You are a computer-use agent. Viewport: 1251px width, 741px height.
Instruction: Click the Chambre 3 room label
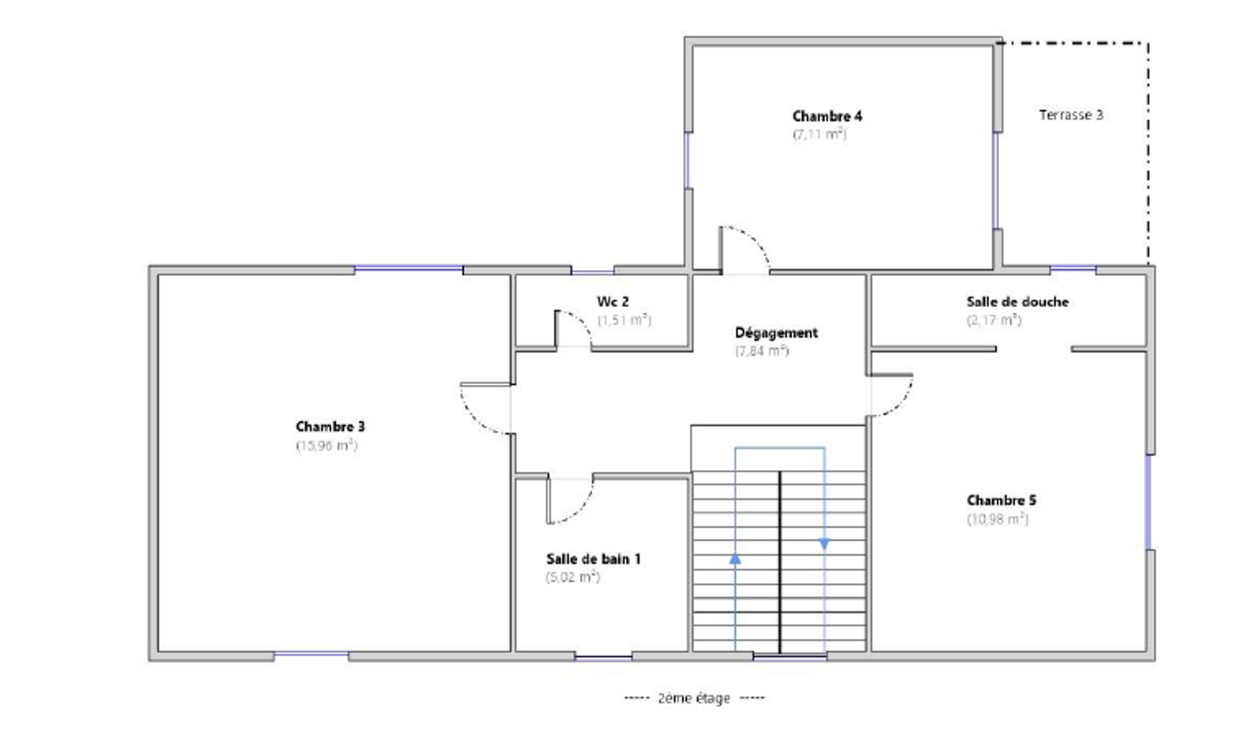point(330,427)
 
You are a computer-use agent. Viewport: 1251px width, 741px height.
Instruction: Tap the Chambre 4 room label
point(827,116)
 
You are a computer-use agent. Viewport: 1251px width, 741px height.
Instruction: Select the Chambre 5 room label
point(1001,500)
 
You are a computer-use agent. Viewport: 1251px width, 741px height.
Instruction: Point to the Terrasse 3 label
point(1071,115)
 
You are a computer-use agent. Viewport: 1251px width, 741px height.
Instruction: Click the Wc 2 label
point(613,302)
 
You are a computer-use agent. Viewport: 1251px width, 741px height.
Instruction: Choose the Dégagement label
point(776,333)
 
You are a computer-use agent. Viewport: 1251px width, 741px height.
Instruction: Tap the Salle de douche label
point(1017,302)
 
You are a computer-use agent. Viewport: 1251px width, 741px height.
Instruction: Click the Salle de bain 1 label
point(593,559)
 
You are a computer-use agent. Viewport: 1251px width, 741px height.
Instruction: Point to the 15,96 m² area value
point(326,445)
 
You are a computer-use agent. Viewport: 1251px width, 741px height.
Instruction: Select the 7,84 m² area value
point(762,351)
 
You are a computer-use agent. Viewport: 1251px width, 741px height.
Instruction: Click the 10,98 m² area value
point(997,519)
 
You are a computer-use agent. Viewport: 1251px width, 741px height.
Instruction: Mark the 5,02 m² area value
point(573,577)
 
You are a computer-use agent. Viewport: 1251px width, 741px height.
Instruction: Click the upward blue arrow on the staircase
point(735,558)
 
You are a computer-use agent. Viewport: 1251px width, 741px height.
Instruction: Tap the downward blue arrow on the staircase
point(824,544)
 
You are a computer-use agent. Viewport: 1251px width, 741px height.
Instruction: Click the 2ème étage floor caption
point(694,698)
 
